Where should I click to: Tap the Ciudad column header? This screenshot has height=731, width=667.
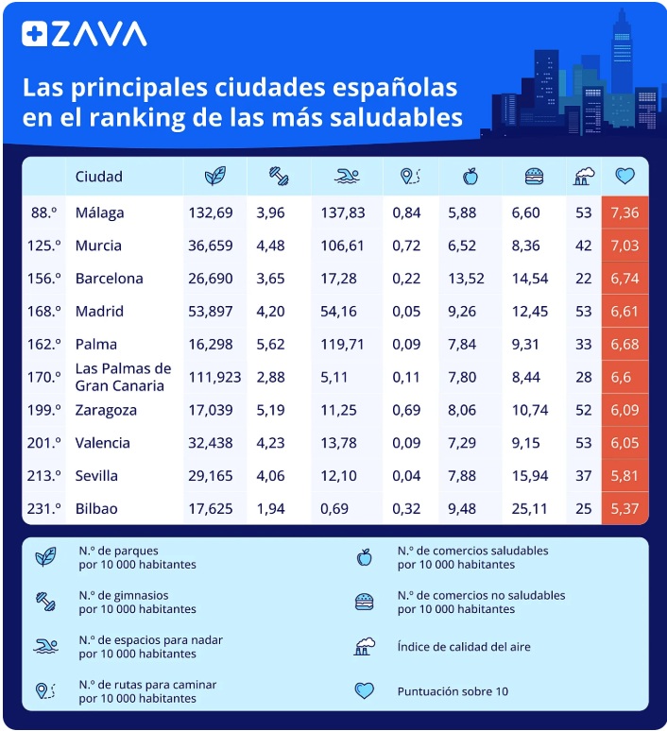(99, 177)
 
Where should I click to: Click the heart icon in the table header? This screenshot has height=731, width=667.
(624, 176)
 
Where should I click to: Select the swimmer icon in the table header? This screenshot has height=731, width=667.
(346, 177)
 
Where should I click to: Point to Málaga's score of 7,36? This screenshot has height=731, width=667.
(624, 213)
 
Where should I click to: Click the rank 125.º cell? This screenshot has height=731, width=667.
(45, 246)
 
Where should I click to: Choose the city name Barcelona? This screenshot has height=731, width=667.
(110, 279)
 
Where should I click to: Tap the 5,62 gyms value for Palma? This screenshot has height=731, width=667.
(270, 344)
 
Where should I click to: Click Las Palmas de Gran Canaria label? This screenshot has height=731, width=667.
(123, 377)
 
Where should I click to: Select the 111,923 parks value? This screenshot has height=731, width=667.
(214, 377)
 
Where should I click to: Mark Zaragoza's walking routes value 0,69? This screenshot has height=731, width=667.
(406, 410)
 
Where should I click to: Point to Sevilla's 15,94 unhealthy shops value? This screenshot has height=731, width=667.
(529, 476)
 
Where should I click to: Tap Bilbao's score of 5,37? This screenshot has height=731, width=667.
(624, 509)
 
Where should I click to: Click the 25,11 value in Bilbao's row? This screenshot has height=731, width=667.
(529, 509)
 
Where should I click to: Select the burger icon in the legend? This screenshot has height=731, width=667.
(364, 602)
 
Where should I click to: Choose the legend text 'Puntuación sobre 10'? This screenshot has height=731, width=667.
(453, 691)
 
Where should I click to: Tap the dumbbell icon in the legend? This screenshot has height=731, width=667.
(45, 602)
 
